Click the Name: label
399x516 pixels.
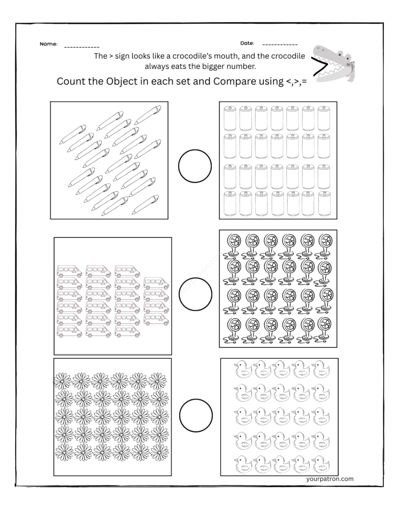coord(48,44)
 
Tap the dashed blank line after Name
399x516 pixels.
coord(82,47)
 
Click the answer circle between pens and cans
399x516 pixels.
coord(195,167)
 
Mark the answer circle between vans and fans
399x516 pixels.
coord(196,292)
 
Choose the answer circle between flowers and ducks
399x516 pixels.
coord(195,414)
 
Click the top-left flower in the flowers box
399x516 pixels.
coord(63,381)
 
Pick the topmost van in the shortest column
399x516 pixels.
coord(156,283)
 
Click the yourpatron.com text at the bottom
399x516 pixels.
coord(329,479)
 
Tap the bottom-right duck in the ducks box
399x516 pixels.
coord(321,463)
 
